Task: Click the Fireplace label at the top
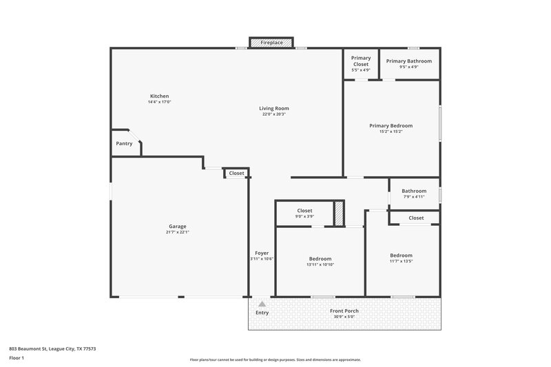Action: click(x=271, y=43)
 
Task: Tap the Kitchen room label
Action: click(x=159, y=96)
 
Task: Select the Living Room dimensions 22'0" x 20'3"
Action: click(x=273, y=114)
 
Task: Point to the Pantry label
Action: click(x=124, y=143)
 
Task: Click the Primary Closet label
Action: click(x=361, y=61)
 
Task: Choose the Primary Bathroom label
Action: click(x=409, y=61)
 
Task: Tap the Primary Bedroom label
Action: click(x=391, y=125)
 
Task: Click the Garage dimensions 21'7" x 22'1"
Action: click(x=178, y=232)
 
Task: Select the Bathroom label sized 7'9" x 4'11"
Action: click(x=414, y=191)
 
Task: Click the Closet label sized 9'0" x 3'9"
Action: click(x=304, y=211)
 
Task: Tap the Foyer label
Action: click(x=262, y=253)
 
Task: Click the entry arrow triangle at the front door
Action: click(x=262, y=303)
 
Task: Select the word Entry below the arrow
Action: click(x=262, y=313)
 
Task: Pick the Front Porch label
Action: click(x=346, y=311)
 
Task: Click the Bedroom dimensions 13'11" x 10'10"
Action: click(x=320, y=264)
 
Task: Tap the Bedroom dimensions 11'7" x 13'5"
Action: click(x=401, y=261)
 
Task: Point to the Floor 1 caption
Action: click(x=17, y=359)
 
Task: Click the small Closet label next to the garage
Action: click(x=236, y=174)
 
